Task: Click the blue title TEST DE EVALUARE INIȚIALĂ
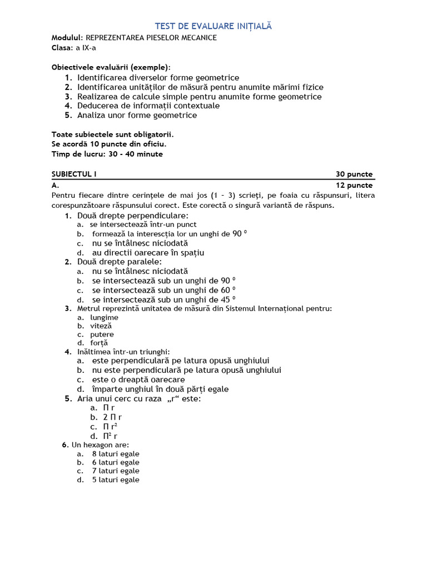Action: (x=213, y=26)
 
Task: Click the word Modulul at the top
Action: (x=67, y=38)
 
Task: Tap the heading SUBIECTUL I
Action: (x=74, y=174)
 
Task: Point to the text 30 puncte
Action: (x=354, y=174)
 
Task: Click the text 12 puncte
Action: (x=354, y=185)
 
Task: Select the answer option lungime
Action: (x=105, y=317)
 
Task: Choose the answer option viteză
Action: (x=101, y=326)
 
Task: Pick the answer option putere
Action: (x=102, y=335)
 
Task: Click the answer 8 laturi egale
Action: (x=116, y=454)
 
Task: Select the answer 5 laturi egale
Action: (x=116, y=480)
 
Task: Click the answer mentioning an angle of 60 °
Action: (x=163, y=290)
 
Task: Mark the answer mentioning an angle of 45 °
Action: (x=163, y=300)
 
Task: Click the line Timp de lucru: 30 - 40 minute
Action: (x=107, y=154)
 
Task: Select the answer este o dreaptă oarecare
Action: (x=138, y=380)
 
